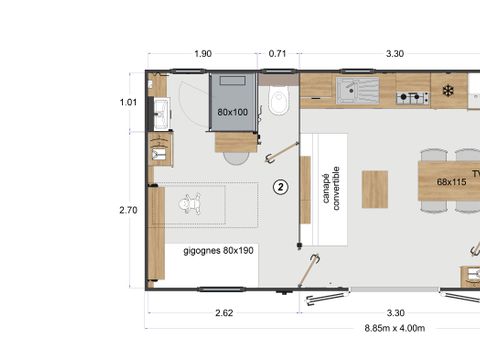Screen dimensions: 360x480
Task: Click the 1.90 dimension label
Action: click(x=203, y=54)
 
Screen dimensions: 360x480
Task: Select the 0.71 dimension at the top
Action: click(x=278, y=54)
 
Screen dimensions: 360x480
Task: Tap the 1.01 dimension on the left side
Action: click(x=127, y=101)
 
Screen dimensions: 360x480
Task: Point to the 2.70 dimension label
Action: click(x=127, y=211)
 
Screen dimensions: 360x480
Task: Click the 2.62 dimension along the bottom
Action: click(x=224, y=313)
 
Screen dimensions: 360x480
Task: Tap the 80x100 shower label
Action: click(x=233, y=112)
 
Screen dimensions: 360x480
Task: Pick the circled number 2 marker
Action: click(x=281, y=186)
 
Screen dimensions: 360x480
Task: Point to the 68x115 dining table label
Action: click(x=452, y=182)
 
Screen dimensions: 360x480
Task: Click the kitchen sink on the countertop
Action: click(x=357, y=93)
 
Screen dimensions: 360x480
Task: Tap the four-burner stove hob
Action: click(x=412, y=97)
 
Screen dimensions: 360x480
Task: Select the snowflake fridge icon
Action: click(x=448, y=92)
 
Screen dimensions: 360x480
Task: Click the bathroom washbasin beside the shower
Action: click(x=160, y=112)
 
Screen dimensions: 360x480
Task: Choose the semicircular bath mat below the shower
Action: click(x=236, y=157)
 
